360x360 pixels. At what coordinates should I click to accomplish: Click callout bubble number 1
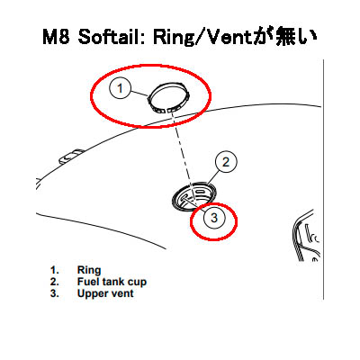pyautogui.click(x=120, y=88)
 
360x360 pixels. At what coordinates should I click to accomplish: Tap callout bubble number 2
pyautogui.click(x=226, y=162)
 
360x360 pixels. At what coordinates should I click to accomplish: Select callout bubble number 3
pyautogui.click(x=214, y=218)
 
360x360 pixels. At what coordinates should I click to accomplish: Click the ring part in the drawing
pyautogui.click(x=168, y=97)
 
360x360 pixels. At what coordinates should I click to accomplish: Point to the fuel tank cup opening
pyautogui.click(x=194, y=197)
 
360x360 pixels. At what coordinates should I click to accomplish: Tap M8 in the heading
pyautogui.click(x=57, y=37)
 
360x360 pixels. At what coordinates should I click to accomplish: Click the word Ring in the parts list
pyautogui.click(x=89, y=270)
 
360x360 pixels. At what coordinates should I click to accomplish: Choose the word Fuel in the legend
pyautogui.click(x=88, y=282)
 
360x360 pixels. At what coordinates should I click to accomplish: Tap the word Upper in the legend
pyautogui.click(x=91, y=293)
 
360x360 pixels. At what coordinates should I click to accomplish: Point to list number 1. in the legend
pyautogui.click(x=55, y=270)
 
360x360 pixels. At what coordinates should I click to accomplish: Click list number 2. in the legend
pyautogui.click(x=55, y=282)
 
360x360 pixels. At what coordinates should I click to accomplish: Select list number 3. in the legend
pyautogui.click(x=55, y=293)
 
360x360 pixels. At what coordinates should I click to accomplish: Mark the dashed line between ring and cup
pyautogui.click(x=184, y=157)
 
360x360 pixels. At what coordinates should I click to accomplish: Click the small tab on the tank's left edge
pyautogui.click(x=69, y=156)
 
